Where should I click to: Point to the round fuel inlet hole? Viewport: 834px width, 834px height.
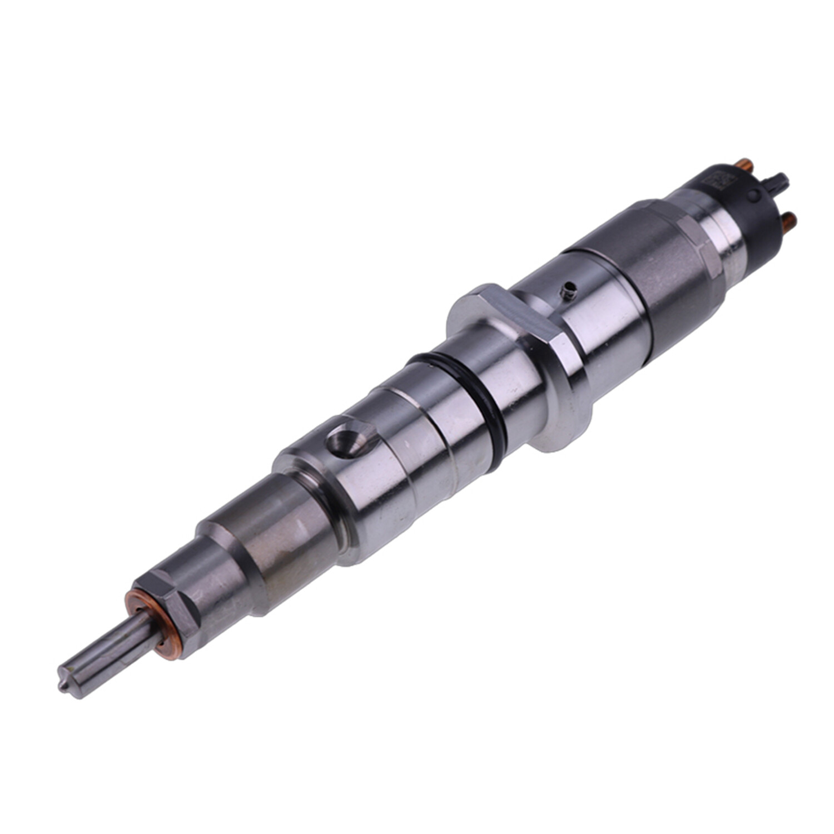click(345, 439)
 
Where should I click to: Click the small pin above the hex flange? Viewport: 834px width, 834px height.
click(568, 289)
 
